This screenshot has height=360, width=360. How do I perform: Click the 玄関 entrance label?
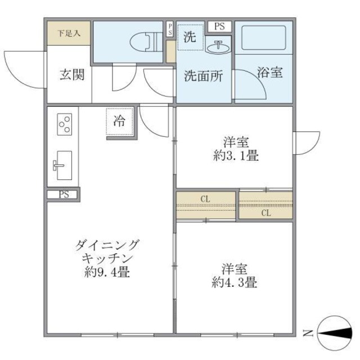pos(73,75)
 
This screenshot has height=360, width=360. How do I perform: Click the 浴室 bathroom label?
pos(270,73)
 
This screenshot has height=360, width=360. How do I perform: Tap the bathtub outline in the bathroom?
pos(263,38)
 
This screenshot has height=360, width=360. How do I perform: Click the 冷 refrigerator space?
pos(120,121)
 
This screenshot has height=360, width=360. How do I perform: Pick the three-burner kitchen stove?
pos(65,124)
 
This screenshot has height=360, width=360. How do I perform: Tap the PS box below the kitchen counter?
pos(63,195)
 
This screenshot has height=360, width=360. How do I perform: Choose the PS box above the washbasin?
pos(219,26)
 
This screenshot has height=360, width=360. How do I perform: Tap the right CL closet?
pos(265,206)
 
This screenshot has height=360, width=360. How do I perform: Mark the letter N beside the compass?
pos(308,332)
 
